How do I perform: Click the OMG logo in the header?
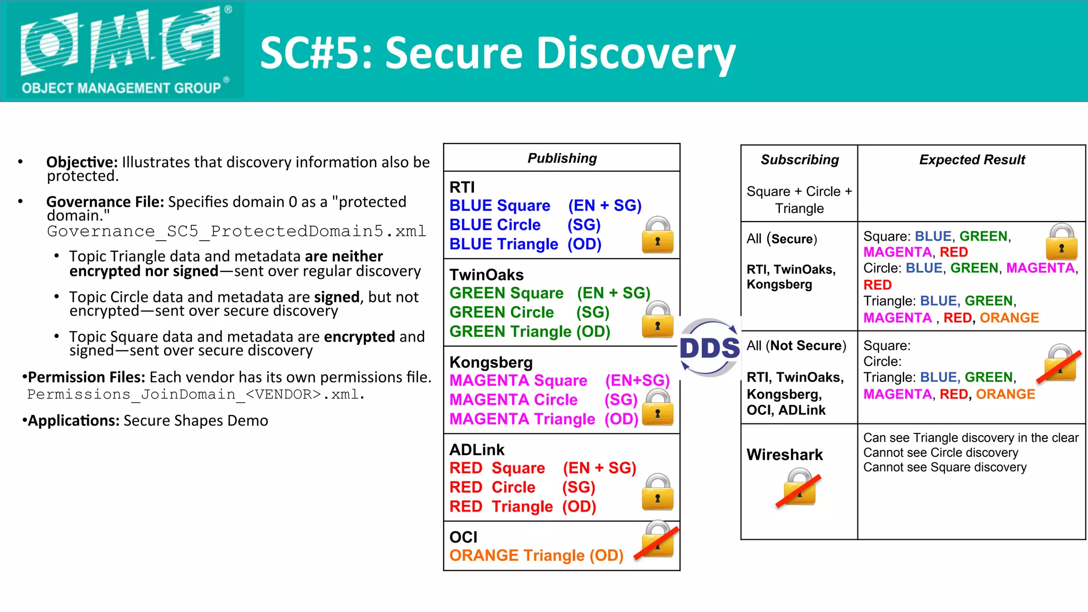point(122,50)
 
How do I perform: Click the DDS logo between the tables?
point(710,348)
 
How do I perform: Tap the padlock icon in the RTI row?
point(658,235)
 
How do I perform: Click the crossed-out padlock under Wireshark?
point(799,488)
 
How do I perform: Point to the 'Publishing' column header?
point(562,158)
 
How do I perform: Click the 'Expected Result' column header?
point(972,160)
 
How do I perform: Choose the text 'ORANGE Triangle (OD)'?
point(536,556)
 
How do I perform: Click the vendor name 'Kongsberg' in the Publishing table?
point(491,362)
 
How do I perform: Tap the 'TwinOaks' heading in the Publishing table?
point(487,275)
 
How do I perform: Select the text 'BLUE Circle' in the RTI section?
point(495,225)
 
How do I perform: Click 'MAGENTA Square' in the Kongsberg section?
point(518,380)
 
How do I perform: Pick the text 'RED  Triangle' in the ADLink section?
point(501,506)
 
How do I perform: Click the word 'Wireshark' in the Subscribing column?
point(785,455)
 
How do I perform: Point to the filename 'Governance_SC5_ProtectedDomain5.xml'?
point(236,232)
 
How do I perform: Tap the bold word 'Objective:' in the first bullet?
point(82,162)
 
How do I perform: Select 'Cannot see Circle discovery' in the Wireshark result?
point(940,453)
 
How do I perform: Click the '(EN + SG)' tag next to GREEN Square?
point(614,293)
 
